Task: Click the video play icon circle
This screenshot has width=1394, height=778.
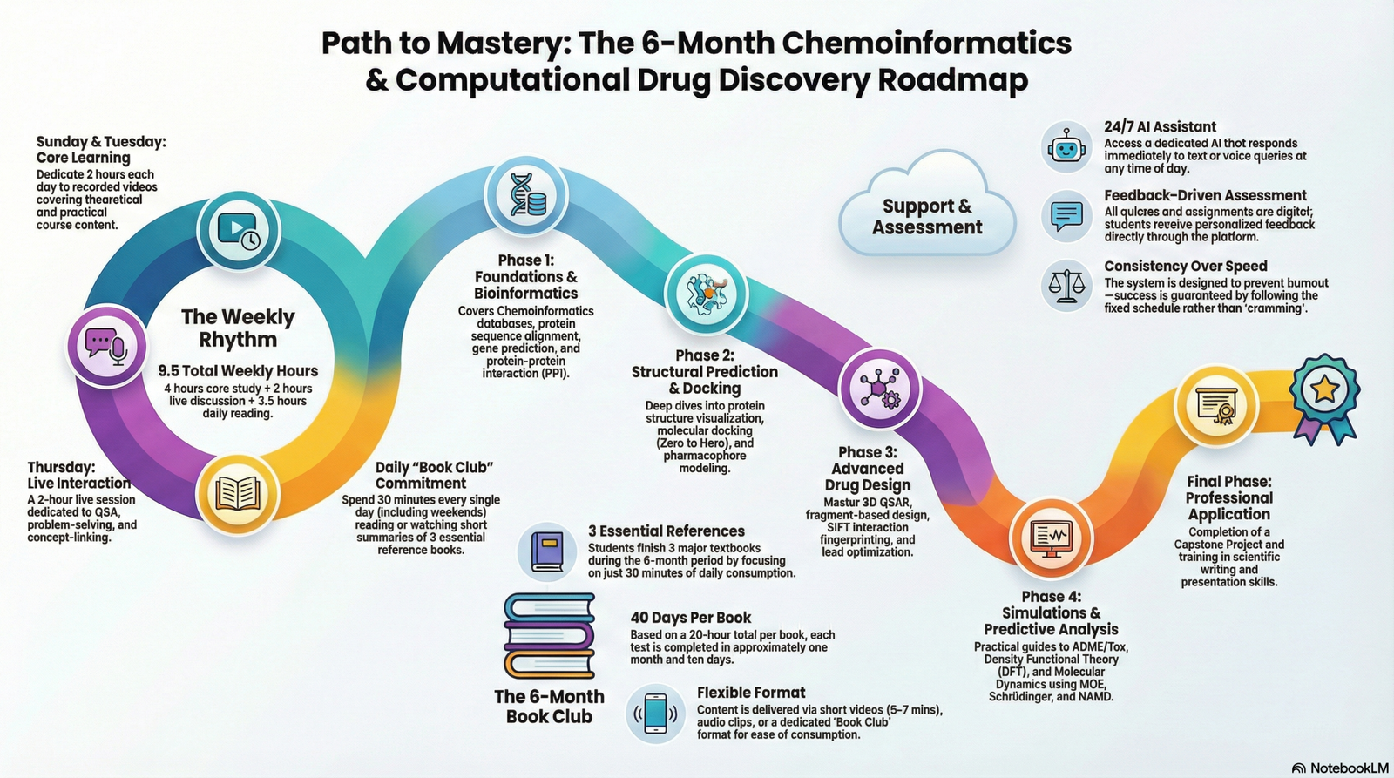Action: coord(238,230)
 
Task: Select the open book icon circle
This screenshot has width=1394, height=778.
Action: coord(237,492)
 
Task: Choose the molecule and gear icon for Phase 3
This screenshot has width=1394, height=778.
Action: coord(878,389)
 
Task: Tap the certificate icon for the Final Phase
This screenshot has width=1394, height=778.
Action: coord(1216,405)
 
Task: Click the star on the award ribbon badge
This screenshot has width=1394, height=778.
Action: coord(1324,389)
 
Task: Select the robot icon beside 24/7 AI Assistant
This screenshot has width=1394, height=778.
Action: coord(1066,146)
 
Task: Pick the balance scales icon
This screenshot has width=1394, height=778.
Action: coord(1066,286)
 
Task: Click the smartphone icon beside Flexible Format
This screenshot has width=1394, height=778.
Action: coord(655,714)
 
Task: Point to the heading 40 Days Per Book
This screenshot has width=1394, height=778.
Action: coord(690,618)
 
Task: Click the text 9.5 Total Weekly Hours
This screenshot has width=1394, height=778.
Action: coord(238,371)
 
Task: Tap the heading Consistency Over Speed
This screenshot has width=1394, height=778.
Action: coord(1185,267)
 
